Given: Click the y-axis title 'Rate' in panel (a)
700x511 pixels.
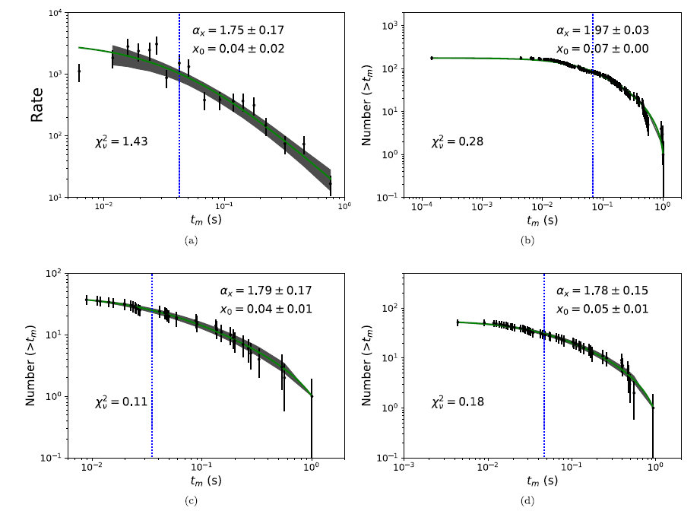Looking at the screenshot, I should (36, 106).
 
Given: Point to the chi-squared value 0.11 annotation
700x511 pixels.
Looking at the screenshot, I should (115, 401).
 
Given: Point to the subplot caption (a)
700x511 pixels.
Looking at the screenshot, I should (192, 240).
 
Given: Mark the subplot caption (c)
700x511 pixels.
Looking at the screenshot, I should (192, 499).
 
